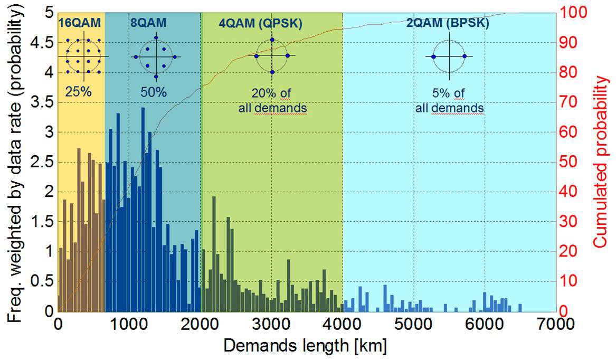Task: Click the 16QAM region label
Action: tap(79, 24)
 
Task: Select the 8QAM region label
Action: tap(148, 24)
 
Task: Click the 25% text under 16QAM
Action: tap(78, 91)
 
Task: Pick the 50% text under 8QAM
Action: tap(154, 91)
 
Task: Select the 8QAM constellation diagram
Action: tap(156, 56)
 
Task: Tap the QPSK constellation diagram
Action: tap(272, 55)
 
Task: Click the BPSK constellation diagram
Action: tap(449, 56)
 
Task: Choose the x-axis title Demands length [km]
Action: tap(305, 346)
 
